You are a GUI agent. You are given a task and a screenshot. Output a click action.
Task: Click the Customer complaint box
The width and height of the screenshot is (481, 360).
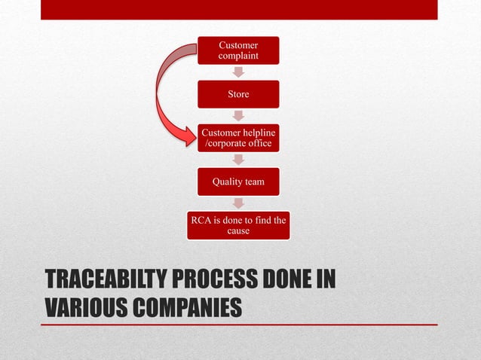tap(238, 50)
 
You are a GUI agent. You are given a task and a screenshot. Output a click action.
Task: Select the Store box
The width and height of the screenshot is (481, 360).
tap(238, 94)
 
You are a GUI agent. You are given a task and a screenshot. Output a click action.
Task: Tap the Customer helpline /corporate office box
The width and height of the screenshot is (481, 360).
tap(238, 138)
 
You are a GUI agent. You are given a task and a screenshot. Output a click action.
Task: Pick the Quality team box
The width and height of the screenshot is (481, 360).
tap(238, 182)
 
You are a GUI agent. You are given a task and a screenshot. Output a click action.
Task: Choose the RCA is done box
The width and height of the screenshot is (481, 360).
tap(238, 225)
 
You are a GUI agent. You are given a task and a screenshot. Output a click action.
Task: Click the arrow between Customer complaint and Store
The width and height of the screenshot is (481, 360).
tap(238, 72)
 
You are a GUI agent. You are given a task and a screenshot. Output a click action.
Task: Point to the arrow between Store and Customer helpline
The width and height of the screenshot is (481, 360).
tap(238, 116)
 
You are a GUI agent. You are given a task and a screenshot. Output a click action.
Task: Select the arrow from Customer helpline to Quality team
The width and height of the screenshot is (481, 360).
tap(238, 160)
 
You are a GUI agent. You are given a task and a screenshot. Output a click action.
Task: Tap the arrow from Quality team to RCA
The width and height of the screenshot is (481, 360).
tap(238, 203)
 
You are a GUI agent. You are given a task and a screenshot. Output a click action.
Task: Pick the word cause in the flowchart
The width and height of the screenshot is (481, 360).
tap(238, 230)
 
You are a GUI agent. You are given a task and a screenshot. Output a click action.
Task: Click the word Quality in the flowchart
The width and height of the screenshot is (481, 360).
tap(225, 182)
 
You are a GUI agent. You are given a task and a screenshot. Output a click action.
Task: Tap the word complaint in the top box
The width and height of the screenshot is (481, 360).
tap(238, 56)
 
